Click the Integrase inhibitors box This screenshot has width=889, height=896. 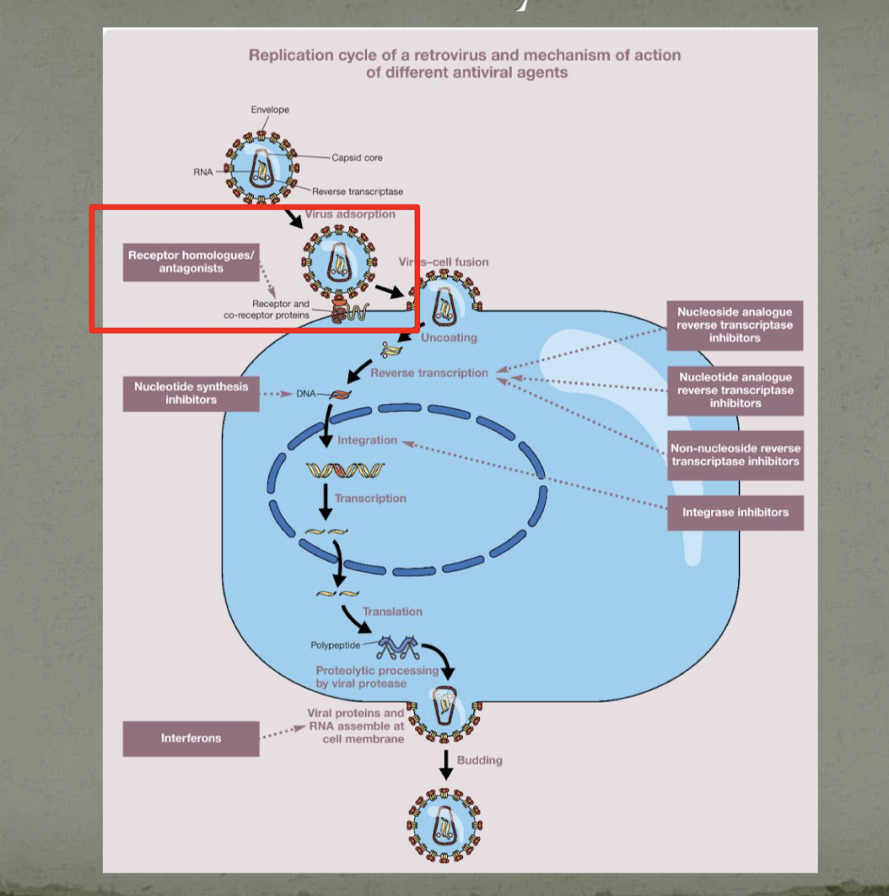(x=735, y=512)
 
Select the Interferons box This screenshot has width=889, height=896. (x=191, y=738)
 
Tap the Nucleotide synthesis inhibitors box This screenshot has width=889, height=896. (x=191, y=392)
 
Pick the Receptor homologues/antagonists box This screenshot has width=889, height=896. (x=191, y=262)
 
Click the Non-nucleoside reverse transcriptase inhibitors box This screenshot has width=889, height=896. (x=735, y=455)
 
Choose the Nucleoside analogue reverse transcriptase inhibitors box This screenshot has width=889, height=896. (x=735, y=325)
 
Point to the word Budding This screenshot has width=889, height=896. (x=479, y=760)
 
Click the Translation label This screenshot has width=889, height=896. (x=392, y=612)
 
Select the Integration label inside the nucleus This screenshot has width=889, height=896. (x=367, y=440)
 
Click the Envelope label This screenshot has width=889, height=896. (x=269, y=110)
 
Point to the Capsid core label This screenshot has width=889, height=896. (x=357, y=158)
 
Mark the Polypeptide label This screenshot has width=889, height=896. (x=334, y=645)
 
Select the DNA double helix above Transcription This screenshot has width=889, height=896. (x=344, y=469)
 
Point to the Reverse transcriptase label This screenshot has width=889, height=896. (x=358, y=192)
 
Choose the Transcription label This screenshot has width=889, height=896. (x=370, y=499)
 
